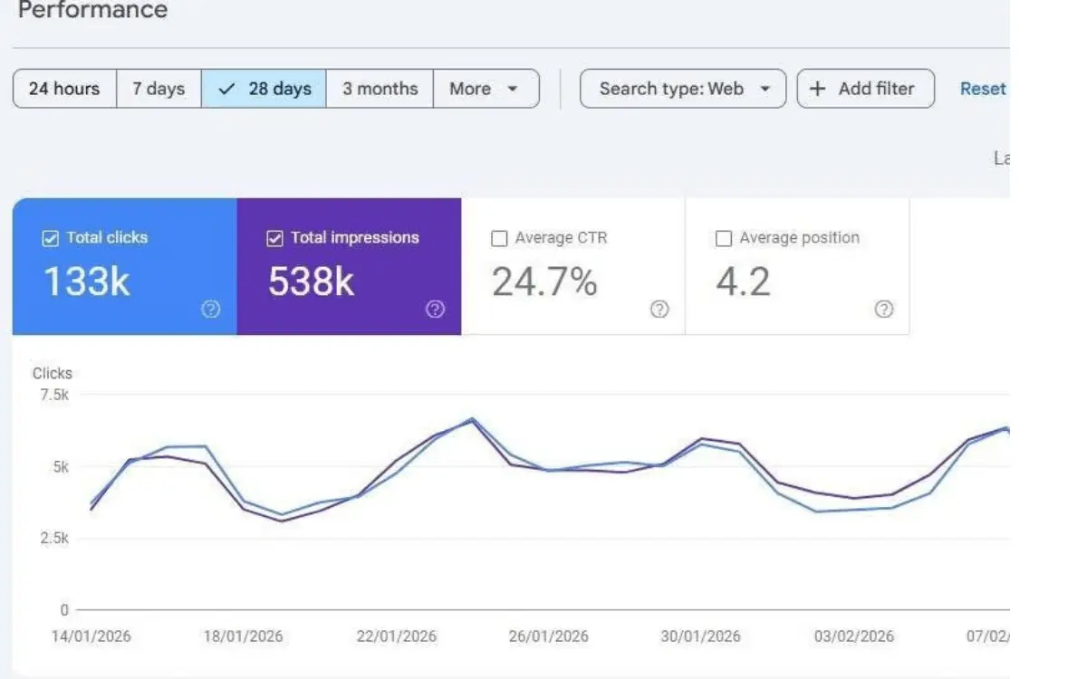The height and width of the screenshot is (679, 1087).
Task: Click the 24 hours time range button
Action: coord(64,89)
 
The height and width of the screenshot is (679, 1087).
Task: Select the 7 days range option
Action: coord(159,89)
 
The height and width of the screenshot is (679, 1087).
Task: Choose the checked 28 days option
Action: coord(265,89)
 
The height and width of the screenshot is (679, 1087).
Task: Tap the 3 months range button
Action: coord(380,89)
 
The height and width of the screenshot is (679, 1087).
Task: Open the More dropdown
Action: coord(485,89)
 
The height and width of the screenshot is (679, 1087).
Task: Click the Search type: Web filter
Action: coord(682,89)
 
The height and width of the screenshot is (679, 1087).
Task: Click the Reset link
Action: coord(983,89)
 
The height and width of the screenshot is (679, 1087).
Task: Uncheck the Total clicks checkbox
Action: coord(51,239)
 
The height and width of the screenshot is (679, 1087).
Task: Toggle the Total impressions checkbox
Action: coord(275,239)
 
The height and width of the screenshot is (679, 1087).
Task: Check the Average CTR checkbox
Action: coord(499,239)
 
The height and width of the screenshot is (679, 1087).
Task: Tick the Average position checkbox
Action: coord(724,239)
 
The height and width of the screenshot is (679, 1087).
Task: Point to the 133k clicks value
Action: coord(87,282)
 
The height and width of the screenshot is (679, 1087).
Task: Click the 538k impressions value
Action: coord(311,282)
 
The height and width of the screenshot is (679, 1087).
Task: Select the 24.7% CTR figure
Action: coord(544,282)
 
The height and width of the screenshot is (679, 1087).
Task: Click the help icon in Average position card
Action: coord(884,310)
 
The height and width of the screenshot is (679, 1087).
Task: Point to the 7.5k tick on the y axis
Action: coord(53,395)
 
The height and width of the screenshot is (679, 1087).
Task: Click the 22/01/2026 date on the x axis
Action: coord(397,636)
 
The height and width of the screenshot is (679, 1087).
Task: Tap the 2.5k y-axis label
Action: coord(53,539)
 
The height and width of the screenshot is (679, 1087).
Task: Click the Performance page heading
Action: coord(92,11)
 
